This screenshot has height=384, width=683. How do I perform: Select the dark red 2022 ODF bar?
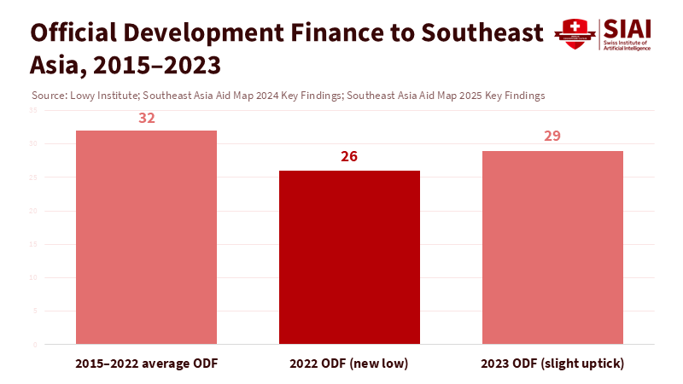click(x=349, y=257)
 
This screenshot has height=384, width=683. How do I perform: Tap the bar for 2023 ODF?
click(x=552, y=247)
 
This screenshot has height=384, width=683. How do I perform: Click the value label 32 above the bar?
click(x=147, y=118)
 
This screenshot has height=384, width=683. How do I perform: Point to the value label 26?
click(x=349, y=157)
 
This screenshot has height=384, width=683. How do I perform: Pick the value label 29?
click(x=552, y=137)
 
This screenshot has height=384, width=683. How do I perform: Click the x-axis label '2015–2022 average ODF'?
click(x=146, y=364)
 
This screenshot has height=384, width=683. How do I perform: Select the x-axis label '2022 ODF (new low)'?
click(x=349, y=364)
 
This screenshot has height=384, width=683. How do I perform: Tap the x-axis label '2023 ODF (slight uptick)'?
click(x=552, y=364)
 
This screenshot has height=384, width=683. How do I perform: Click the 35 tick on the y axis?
click(x=32, y=111)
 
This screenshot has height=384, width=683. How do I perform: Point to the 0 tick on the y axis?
click(x=35, y=345)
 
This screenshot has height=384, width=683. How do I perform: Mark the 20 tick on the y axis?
click(x=32, y=211)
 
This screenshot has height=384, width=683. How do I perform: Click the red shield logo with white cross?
click(x=569, y=33)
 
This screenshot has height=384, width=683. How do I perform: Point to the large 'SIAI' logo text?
click(x=628, y=28)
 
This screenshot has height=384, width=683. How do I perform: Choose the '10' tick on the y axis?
click(x=32, y=278)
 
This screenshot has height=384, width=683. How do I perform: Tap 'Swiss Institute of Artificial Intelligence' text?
click(x=627, y=45)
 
